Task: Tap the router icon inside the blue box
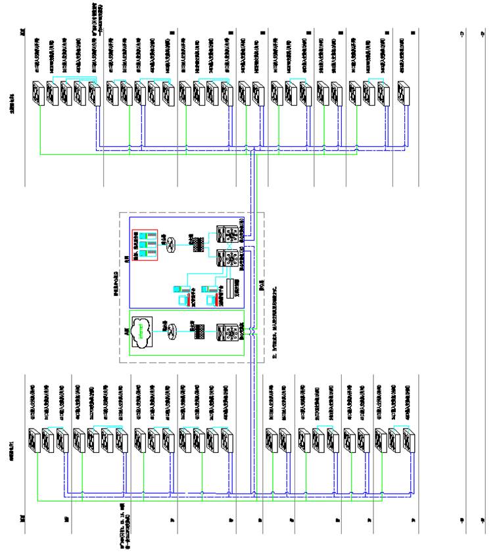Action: (x=170, y=241)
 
